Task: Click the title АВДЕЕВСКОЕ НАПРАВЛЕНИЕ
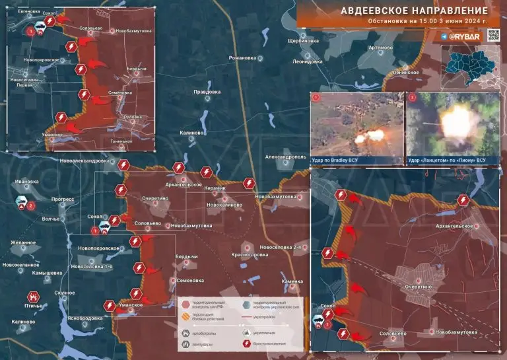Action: (x=414, y=11)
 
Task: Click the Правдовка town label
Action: (x=207, y=92)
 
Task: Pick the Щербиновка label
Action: (x=304, y=41)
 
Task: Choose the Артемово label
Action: (x=380, y=48)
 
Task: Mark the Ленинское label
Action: (x=405, y=72)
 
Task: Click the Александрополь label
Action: (x=285, y=157)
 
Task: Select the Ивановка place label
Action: (x=28, y=181)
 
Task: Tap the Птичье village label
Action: (x=34, y=306)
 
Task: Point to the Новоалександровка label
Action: (x=84, y=161)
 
